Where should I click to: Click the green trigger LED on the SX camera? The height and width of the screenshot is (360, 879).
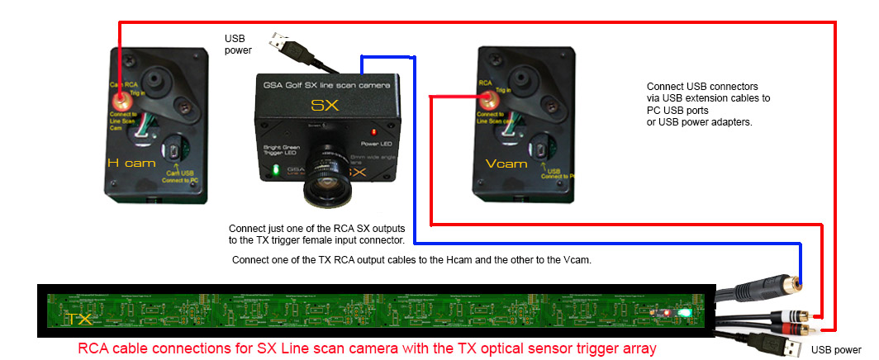point(276,172)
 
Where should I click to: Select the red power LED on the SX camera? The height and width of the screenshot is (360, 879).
point(374,131)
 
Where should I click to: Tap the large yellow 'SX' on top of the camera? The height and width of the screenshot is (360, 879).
point(322,105)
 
